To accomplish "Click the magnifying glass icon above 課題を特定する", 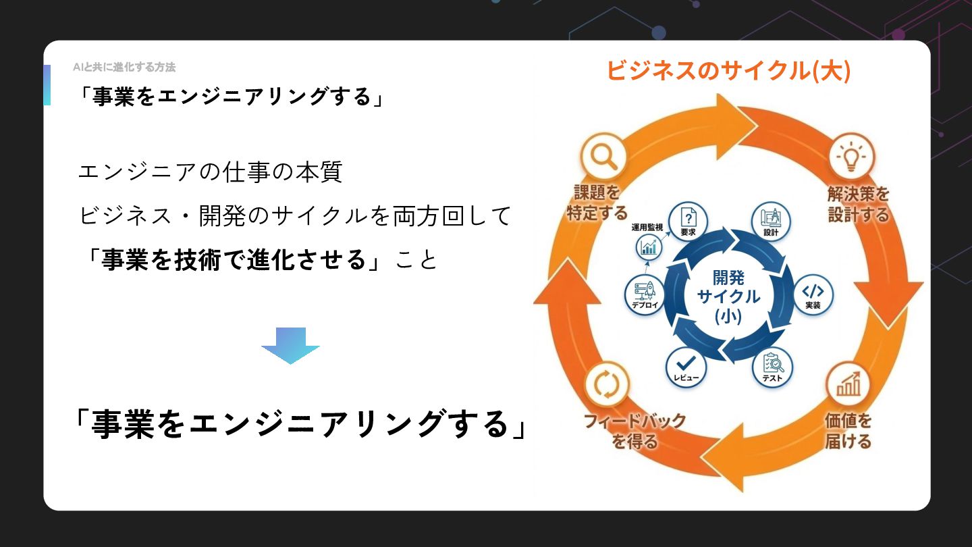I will (x=603, y=156).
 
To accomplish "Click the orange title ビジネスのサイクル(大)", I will (x=728, y=71).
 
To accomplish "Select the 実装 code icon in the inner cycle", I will (x=812, y=293).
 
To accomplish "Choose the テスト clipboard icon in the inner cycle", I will (x=772, y=365).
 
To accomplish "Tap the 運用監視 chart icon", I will (x=649, y=247).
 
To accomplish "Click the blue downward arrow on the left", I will (x=290, y=345).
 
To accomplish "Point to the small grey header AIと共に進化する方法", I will (x=124, y=67).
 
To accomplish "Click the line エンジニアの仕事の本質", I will (x=211, y=172).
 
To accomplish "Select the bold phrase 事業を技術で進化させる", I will (x=234, y=259).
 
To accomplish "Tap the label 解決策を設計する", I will (x=858, y=205).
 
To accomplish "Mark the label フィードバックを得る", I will (x=634, y=431).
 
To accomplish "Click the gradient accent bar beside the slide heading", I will (x=47, y=85).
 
